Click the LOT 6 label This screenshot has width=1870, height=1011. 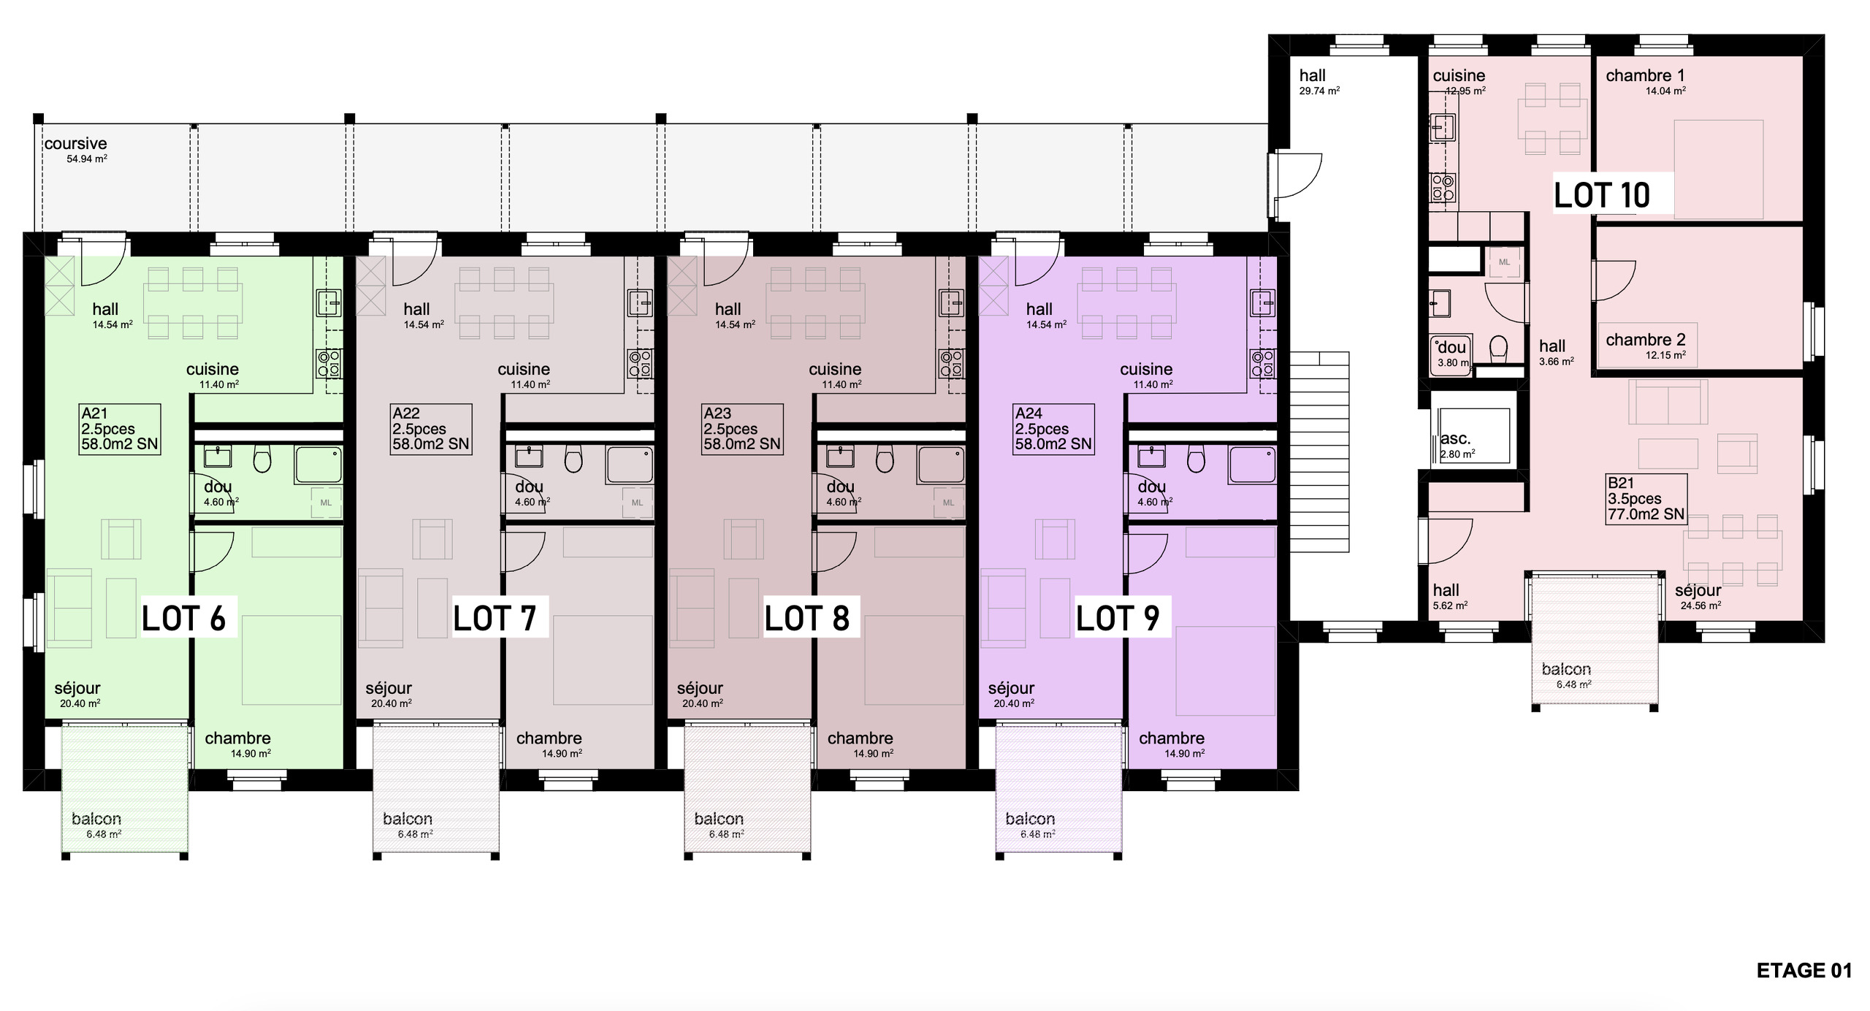(x=184, y=618)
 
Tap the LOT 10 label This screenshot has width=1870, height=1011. (x=1602, y=195)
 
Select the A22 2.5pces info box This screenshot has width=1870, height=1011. (x=431, y=429)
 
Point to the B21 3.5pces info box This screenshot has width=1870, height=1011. (x=1646, y=499)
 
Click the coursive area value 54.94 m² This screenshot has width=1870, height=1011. (x=87, y=159)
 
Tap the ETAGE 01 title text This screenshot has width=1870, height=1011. (x=1804, y=970)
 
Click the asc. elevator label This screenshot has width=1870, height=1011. (x=1455, y=439)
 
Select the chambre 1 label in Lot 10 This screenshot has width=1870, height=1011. (x=1645, y=75)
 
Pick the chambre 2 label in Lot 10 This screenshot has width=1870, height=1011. (x=1646, y=340)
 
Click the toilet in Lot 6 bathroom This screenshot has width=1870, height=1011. (x=262, y=458)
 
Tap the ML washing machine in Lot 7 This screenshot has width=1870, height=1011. (x=637, y=503)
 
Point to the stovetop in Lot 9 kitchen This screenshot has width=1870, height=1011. (x=1263, y=364)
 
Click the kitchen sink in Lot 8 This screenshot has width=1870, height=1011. (x=952, y=302)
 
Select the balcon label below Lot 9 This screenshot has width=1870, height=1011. (x=1030, y=819)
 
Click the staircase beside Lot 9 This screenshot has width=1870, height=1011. (x=1319, y=451)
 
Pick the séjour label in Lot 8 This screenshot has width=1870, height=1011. (x=700, y=688)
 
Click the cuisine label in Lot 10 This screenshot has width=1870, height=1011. (x=1459, y=75)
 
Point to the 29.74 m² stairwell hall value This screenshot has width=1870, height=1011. (x=1319, y=91)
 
